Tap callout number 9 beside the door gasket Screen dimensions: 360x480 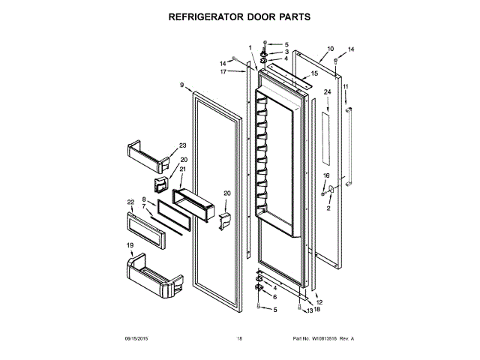pos(181,86)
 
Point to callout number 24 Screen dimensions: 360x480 pos(327,92)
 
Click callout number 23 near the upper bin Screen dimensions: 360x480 pos(182,145)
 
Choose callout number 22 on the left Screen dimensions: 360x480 pos(130,202)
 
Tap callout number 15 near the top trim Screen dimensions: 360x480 pos(314,73)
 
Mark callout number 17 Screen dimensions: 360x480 pos(223,72)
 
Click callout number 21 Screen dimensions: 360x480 pos(182,169)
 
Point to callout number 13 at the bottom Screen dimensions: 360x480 pos(309,310)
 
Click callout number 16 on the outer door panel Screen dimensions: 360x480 pos(325,175)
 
